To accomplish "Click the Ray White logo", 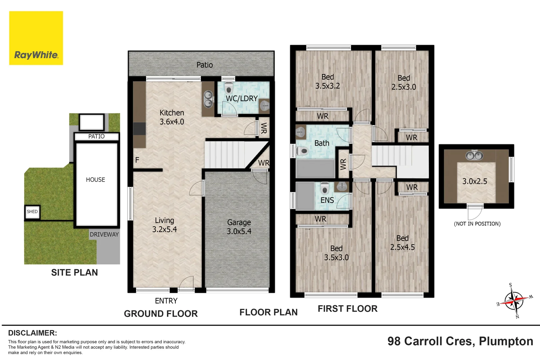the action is pos(36,38).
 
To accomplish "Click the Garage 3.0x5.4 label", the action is pos(239,227).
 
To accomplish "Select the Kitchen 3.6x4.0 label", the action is pos(172,117).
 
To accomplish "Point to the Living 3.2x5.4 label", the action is pos(164,225).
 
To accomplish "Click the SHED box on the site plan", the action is pos(32,212).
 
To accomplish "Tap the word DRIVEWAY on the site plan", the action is pos(104,234).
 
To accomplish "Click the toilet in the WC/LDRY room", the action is pos(229,88).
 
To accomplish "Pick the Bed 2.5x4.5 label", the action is pos(402,243).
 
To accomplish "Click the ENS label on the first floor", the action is pos(327,200).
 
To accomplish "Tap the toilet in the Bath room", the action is pos(302,151).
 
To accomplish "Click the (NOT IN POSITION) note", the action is pos(477,224).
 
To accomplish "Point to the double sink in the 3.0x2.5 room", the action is pos(474,155).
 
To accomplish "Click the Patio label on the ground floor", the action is pos(204,65).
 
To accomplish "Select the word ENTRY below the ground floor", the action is pos(166,301).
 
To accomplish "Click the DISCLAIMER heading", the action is pos(33,333).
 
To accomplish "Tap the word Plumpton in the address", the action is pos(506,341).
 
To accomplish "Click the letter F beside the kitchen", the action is pos(137,160).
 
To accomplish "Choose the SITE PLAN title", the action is pos(74,272).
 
